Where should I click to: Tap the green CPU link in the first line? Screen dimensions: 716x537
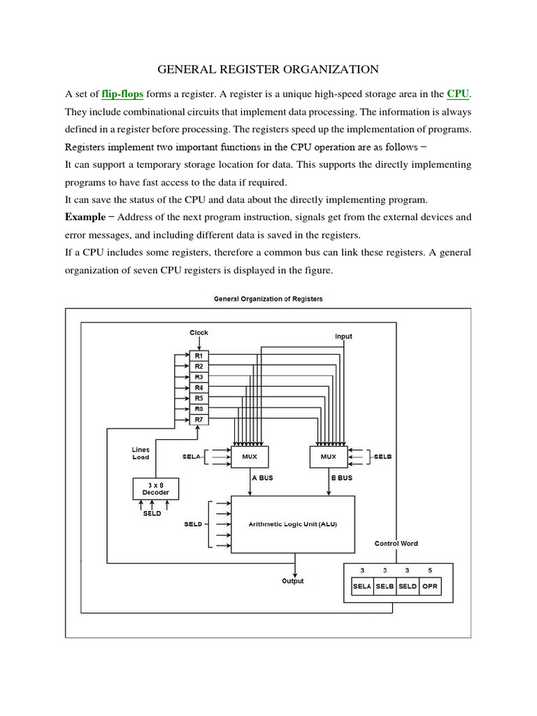457,93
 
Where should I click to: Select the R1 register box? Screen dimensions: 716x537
199,356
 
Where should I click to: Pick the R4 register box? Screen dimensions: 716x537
199,387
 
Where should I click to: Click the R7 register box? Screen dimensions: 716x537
199,419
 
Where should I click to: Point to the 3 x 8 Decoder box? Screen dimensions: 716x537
156,488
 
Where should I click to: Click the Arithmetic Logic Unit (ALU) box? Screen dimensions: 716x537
292,524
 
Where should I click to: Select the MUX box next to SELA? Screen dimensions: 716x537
249,457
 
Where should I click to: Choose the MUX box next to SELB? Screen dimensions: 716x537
329,457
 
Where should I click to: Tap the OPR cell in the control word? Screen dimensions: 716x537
430,586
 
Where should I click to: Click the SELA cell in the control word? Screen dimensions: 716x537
361,586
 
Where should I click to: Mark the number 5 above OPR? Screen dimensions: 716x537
430,571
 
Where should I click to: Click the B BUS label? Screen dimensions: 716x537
341,478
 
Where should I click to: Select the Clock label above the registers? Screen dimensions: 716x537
199,333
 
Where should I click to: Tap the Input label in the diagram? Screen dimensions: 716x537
343,336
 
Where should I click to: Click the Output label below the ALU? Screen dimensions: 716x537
292,581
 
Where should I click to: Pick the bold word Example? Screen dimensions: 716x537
85,216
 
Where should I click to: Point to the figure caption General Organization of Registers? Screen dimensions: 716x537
268,299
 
